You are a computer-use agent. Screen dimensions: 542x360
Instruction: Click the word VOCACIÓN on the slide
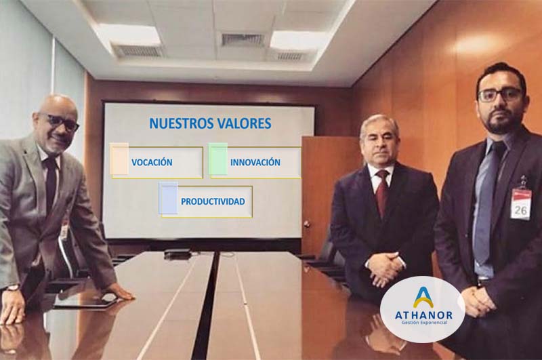coord(152,162)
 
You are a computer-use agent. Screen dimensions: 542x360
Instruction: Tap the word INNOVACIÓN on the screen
coord(255,162)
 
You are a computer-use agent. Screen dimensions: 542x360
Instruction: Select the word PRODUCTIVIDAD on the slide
coord(213,201)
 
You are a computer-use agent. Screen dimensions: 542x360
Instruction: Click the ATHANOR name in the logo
coord(423,315)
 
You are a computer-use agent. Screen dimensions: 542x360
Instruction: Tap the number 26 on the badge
coord(520,209)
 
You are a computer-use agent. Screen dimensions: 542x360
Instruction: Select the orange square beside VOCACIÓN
coord(119,159)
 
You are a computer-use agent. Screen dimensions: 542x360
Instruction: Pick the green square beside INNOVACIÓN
coord(217,159)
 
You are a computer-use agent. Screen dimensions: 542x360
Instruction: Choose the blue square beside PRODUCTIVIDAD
coord(168,198)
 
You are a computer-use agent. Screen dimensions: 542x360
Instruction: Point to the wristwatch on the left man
coord(12,287)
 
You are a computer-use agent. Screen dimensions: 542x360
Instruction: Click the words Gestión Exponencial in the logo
coord(424,323)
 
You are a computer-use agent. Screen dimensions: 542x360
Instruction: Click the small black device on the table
coord(177,254)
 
